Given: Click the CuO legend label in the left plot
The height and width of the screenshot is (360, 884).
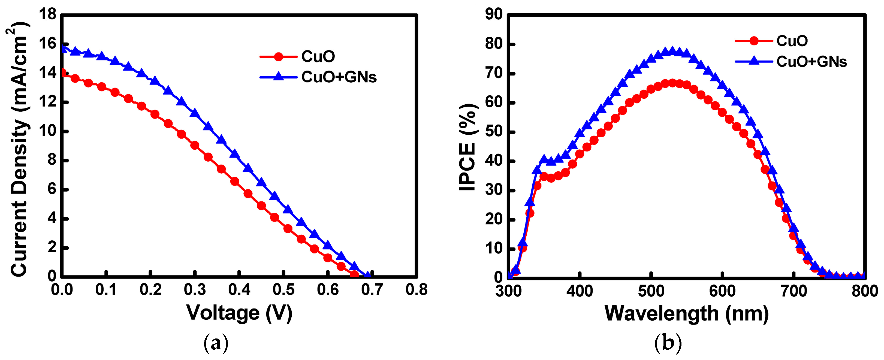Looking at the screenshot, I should coord(318,57).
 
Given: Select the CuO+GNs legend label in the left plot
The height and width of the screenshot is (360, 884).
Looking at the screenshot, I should coord(339,77).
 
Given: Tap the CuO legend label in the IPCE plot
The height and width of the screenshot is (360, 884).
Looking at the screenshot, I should coord(792,41).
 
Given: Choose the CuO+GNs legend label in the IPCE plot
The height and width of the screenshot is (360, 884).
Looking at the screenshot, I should coord(811,62).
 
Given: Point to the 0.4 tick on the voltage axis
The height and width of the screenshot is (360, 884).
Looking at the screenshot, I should coord(239,290).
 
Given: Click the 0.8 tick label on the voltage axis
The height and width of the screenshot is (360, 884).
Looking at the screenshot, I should coord(416,290).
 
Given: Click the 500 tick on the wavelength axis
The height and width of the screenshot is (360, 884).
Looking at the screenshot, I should coord(651,291).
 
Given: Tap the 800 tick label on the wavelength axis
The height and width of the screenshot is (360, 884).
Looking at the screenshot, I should coord(864,291).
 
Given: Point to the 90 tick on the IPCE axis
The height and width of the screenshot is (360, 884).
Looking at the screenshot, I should coord(493,15).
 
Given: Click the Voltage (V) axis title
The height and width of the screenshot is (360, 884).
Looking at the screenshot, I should coord(239,313).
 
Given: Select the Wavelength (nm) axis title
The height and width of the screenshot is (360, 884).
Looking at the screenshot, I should coord(686,314).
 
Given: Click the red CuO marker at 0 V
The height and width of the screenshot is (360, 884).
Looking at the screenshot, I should coord(62,72).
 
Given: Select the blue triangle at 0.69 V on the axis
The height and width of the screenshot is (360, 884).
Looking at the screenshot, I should coord(367,275).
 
